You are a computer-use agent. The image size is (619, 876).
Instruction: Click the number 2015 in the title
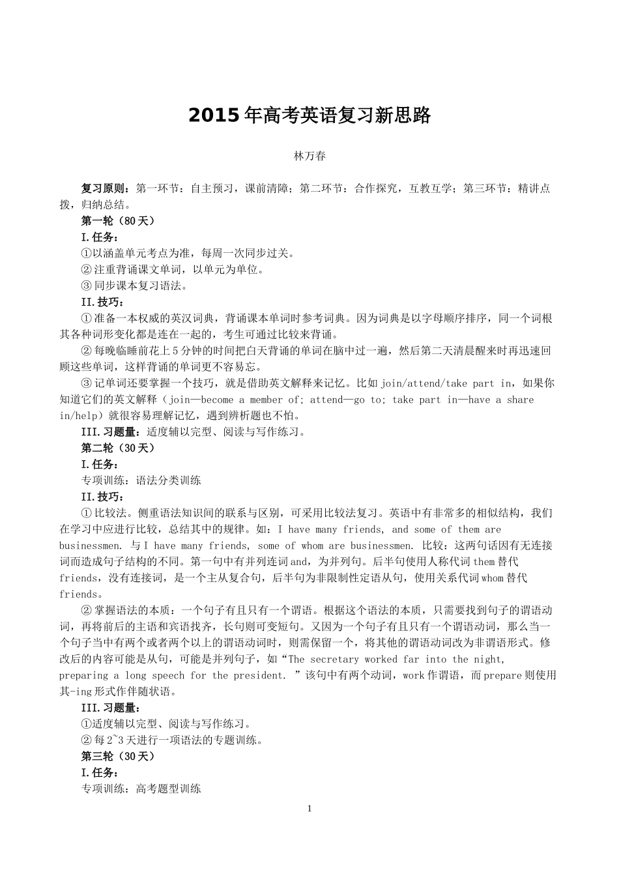214,116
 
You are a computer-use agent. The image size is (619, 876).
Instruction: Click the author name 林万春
309,156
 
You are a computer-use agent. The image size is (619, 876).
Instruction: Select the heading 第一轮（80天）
118,221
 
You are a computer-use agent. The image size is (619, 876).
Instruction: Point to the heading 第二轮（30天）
118,448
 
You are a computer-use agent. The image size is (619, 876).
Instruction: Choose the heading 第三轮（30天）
118,757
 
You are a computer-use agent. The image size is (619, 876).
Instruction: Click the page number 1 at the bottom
309,809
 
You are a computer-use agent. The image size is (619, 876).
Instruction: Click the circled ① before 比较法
86,514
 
